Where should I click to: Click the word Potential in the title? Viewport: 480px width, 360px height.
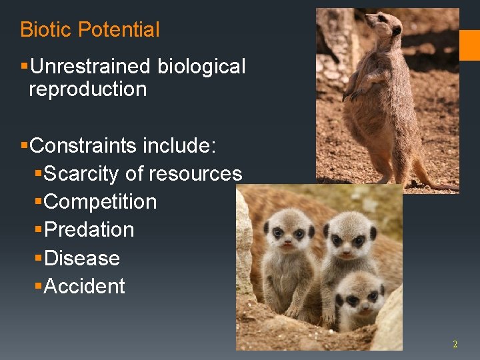point(119,29)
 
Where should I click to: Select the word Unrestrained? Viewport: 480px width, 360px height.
point(91,67)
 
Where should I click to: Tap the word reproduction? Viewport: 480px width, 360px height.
point(87,89)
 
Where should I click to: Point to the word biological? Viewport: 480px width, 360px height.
point(201,67)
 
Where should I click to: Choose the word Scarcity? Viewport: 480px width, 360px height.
point(81,173)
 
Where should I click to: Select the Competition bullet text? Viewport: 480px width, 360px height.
point(100,201)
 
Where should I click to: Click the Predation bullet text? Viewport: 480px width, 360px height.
point(89,230)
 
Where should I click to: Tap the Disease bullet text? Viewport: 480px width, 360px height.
point(81,258)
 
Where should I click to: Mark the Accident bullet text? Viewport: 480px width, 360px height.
point(84,287)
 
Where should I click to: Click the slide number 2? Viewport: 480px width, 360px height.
point(455,344)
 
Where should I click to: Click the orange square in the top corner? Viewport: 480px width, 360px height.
point(469,45)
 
